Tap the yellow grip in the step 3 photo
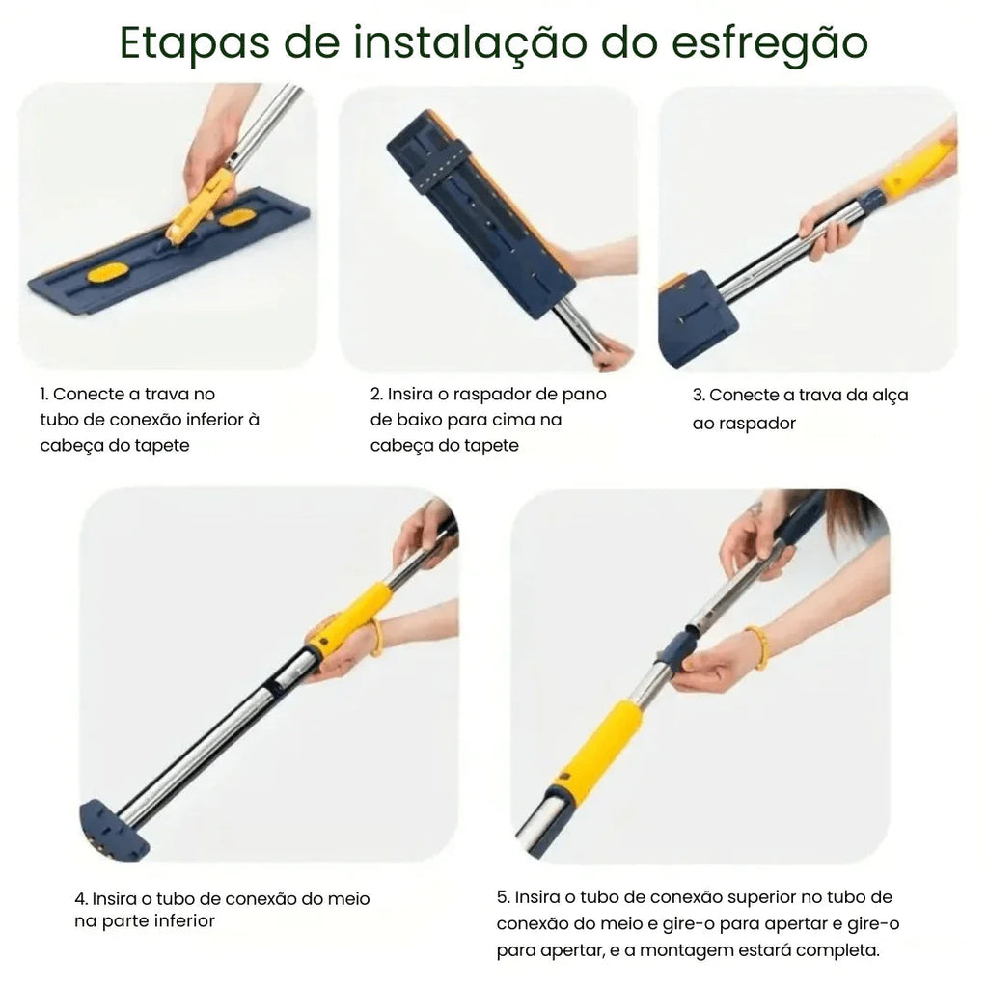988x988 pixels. pos(918,168)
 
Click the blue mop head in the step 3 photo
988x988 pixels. pos(697,317)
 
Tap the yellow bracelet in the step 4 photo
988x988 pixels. pos(375,637)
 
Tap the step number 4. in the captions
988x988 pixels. pos(81,898)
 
